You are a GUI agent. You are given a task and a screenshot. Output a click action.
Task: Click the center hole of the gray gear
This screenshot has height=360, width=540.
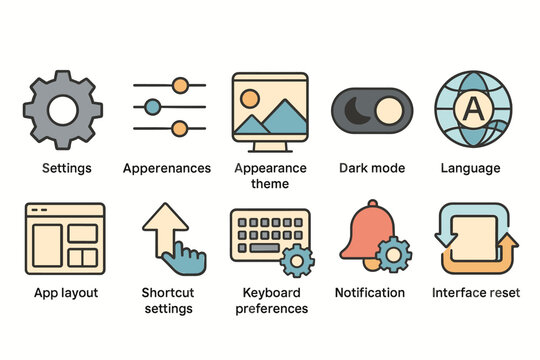click(62, 109)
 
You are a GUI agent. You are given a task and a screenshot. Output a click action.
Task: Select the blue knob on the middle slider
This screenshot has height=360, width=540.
click(152, 106)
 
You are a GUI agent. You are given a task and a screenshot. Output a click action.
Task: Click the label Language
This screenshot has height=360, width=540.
click(470, 168)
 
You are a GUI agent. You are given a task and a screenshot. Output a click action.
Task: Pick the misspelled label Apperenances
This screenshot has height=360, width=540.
click(167, 168)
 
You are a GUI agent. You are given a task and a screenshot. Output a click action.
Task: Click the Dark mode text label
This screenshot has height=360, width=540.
click(372, 168)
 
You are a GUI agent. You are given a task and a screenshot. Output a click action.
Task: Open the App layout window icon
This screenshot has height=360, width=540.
click(65, 240)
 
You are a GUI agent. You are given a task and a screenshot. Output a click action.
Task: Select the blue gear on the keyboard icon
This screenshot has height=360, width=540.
click(296, 260)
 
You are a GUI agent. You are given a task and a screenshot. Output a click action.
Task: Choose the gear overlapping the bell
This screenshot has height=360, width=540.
click(393, 254)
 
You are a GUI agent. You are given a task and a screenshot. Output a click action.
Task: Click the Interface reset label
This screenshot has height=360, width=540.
click(476, 293)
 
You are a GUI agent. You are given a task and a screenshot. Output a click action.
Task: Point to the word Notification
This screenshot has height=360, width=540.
click(370, 293)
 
